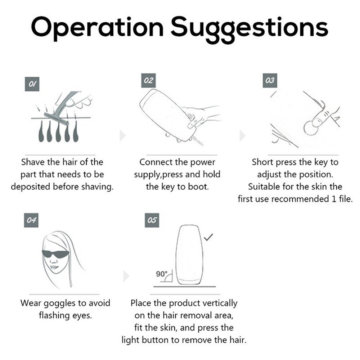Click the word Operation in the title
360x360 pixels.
coord(97,27)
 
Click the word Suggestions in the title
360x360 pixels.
coord(249,29)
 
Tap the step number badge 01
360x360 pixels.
coord(32,84)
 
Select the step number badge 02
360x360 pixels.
coord(148,80)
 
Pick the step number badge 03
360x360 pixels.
coord(270,80)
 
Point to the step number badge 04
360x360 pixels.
coord(31,220)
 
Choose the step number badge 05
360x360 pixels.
coord(152,220)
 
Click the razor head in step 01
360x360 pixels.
coord(56,119)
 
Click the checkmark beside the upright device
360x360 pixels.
coord(208,237)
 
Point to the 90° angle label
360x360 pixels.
coord(162,274)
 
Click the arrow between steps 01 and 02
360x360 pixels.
coord(123,136)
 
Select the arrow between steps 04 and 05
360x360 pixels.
coord(126,276)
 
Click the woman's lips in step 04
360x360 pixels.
coord(54,267)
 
